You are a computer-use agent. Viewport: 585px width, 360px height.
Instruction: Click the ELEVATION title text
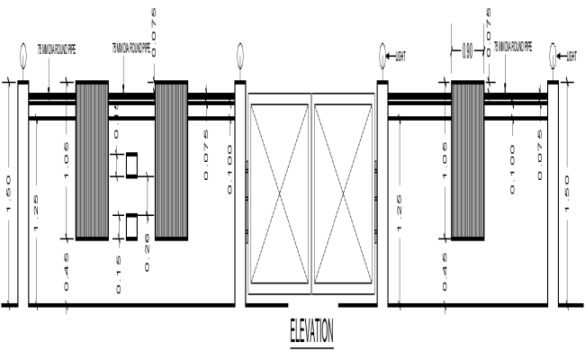click(x=311, y=332)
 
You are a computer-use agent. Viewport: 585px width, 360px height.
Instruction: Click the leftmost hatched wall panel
click(x=92, y=161)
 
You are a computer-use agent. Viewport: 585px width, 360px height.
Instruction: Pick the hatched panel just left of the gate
click(x=171, y=161)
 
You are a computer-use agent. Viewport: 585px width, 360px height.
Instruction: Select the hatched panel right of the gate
click(x=467, y=161)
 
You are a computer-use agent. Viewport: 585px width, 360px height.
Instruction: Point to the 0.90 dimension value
click(x=467, y=52)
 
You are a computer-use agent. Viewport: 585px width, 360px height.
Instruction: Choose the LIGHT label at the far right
click(x=574, y=56)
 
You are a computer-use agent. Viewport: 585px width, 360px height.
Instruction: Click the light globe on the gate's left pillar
click(x=239, y=57)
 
